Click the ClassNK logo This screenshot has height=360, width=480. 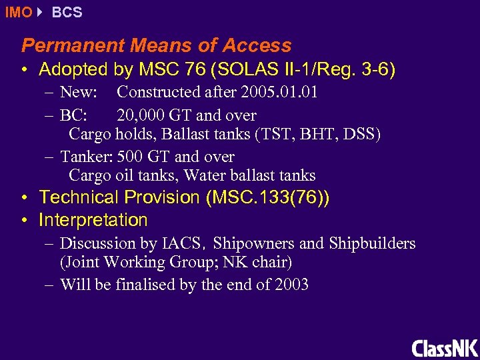pyautogui.click(x=445, y=348)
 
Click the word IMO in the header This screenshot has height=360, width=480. pyautogui.click(x=18, y=12)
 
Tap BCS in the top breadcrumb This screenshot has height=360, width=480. pyautogui.click(x=67, y=12)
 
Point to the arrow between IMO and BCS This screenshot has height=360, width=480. pyautogui.click(x=41, y=12)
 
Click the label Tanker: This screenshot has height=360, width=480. pyautogui.click(x=87, y=157)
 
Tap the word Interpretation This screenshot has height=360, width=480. pyautogui.click(x=93, y=220)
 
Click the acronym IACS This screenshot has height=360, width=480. pyautogui.click(x=183, y=244)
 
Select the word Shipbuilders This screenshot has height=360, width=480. pyautogui.click(x=373, y=244)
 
